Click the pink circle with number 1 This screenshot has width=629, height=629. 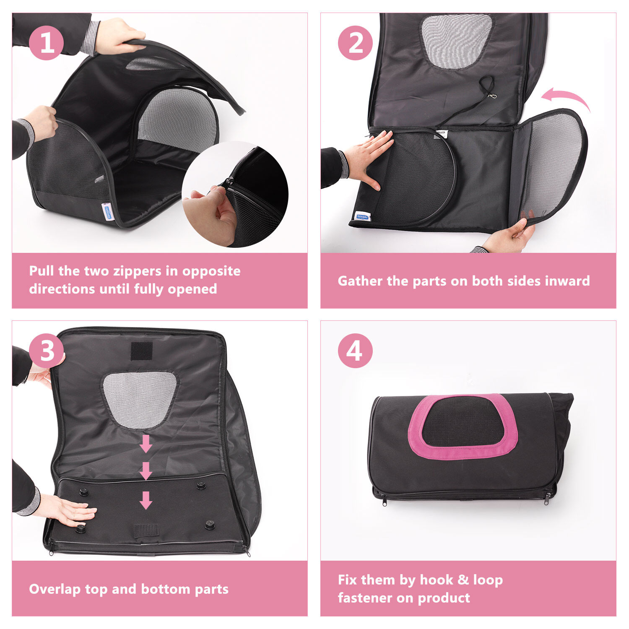click(x=46, y=43)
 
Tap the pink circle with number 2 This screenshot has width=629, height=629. click(x=355, y=43)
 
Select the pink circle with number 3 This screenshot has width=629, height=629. click(x=46, y=351)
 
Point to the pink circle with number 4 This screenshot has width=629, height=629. click(x=355, y=351)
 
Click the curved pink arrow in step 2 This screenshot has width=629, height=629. click(x=566, y=98)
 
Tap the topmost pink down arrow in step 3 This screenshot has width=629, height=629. click(x=146, y=444)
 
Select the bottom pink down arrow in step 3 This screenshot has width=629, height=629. click(x=146, y=500)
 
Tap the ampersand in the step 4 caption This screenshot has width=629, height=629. click(x=463, y=580)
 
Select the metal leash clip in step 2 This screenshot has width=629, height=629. click(x=492, y=96)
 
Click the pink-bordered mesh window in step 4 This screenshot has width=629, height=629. click(x=463, y=426)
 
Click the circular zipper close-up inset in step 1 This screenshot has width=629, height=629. click(x=235, y=194)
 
